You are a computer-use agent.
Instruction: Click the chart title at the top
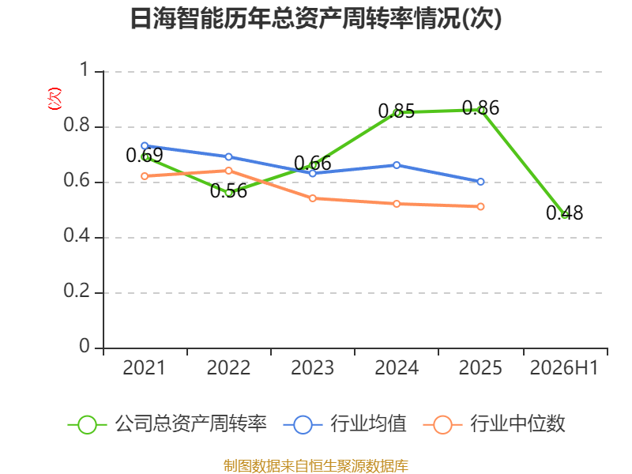point(316,18)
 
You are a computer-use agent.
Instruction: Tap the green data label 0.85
point(397,111)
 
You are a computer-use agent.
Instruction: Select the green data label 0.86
point(480,108)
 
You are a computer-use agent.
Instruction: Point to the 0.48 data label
point(564,213)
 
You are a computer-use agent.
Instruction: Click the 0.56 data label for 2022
point(228,191)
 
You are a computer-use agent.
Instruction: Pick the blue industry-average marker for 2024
point(397,165)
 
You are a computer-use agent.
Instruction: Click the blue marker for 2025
point(480,182)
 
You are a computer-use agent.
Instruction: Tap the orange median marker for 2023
point(312,198)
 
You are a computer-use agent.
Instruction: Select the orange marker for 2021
point(145,176)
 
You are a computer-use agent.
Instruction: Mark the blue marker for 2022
point(228,156)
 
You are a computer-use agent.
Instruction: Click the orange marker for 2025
point(480,206)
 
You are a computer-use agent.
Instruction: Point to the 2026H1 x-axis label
point(564,368)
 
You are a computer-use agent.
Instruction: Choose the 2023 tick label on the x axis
point(312,368)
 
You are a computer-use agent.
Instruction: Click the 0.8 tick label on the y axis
point(77,125)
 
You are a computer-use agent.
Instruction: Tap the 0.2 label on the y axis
point(77,291)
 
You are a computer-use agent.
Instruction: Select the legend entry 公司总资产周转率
point(167,424)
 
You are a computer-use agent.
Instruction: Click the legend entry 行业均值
point(345,424)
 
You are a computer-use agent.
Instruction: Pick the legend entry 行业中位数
point(495,424)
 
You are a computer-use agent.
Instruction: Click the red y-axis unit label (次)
point(55,99)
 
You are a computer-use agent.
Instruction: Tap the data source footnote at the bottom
point(316,466)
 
